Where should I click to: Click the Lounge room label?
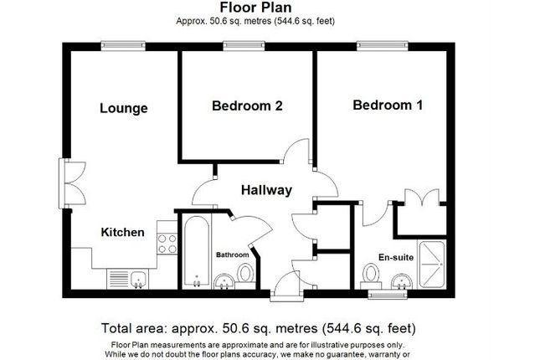124,108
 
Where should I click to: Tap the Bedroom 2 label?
247,105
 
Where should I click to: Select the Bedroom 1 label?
388,105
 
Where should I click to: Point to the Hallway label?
266,190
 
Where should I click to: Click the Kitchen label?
122,232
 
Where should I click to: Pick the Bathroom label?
232,255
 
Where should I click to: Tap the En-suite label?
396,257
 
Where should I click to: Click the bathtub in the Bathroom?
197,251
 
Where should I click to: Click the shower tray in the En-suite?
432,265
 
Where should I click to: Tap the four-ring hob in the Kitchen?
167,244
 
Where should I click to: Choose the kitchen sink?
138,279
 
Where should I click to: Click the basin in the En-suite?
402,281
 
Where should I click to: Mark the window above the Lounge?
123,46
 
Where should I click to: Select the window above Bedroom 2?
244,46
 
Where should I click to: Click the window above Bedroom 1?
383,46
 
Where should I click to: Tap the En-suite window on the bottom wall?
387,295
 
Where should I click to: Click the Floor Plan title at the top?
255,8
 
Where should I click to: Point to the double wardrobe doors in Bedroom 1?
422,198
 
